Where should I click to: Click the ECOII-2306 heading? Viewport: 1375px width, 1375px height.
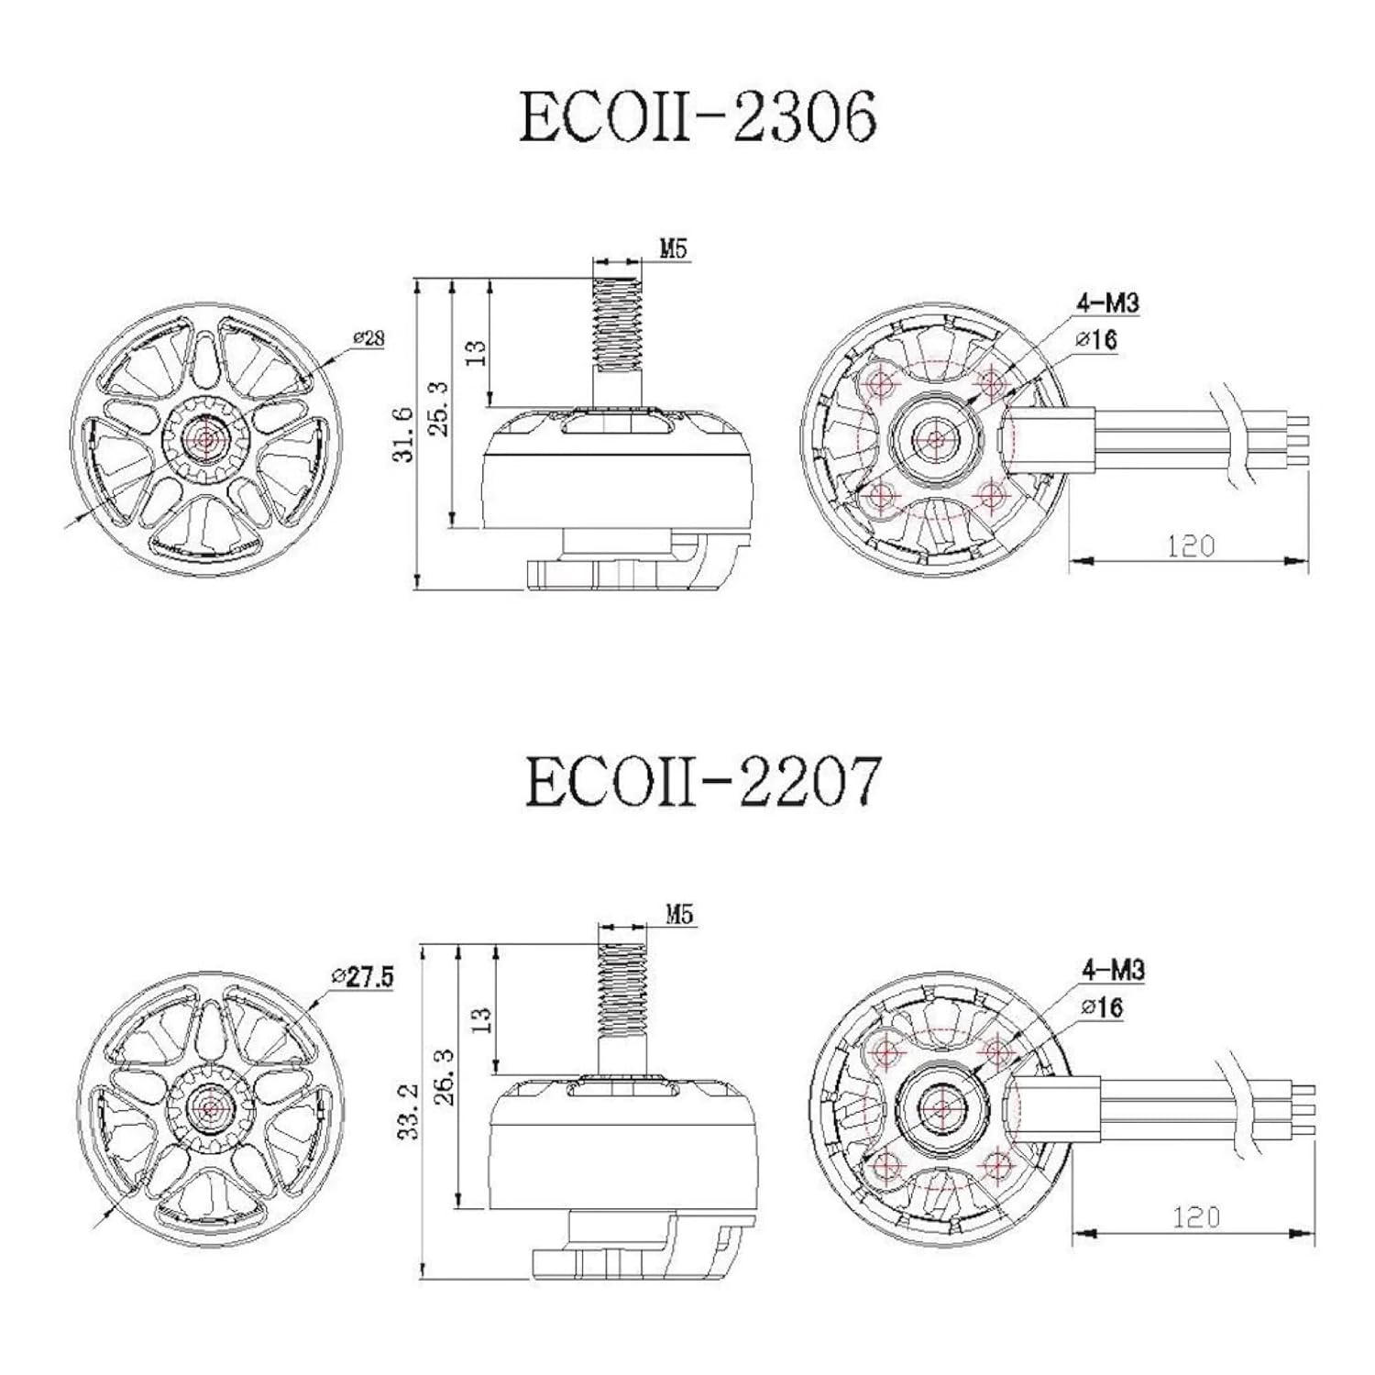[698, 116]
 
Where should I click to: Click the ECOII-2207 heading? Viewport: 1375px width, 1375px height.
[702, 782]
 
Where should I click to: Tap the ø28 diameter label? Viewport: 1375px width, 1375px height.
[368, 338]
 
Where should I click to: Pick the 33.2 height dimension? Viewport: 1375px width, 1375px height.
[411, 1110]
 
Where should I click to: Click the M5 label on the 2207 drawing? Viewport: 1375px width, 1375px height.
[678, 914]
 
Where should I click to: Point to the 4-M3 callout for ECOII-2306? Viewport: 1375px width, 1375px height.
[1109, 302]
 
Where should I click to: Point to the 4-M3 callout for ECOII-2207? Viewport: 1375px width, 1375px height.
[1114, 969]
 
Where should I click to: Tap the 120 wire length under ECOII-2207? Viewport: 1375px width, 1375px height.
[1196, 1217]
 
